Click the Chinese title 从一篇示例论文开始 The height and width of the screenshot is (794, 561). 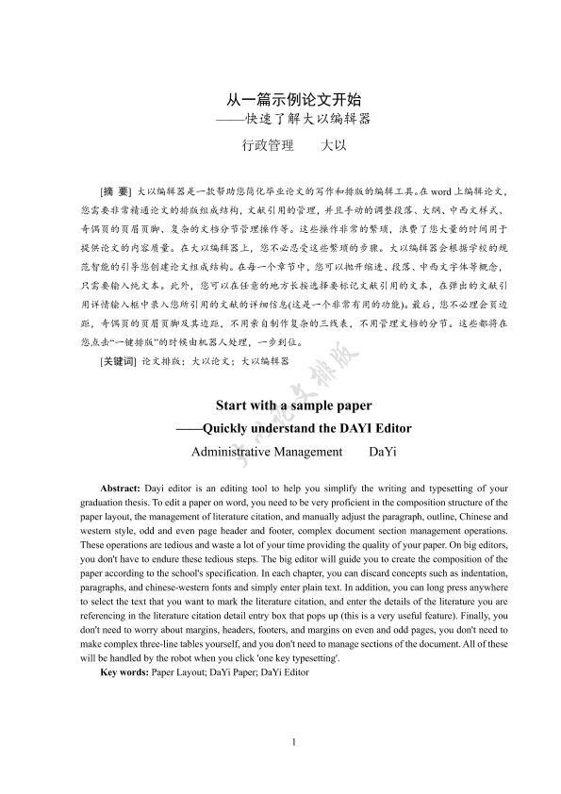point(296,98)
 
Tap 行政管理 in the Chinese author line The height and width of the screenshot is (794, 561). point(268,146)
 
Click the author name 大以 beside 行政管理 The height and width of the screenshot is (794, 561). point(335,146)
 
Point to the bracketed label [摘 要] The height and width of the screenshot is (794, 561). point(115,190)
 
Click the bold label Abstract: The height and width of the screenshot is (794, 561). point(120,488)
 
